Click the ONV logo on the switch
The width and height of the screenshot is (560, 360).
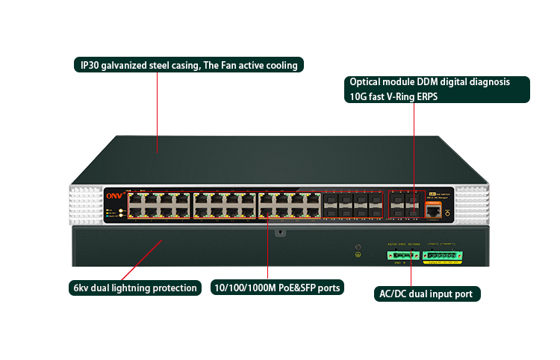[x=113, y=196]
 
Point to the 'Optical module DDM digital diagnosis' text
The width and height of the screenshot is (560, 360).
[x=429, y=81]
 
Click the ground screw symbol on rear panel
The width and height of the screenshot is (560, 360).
[x=358, y=255]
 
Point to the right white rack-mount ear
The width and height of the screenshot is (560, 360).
[x=471, y=203]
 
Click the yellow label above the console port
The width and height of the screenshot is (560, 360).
[x=432, y=195]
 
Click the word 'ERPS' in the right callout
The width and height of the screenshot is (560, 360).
[x=428, y=96]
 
